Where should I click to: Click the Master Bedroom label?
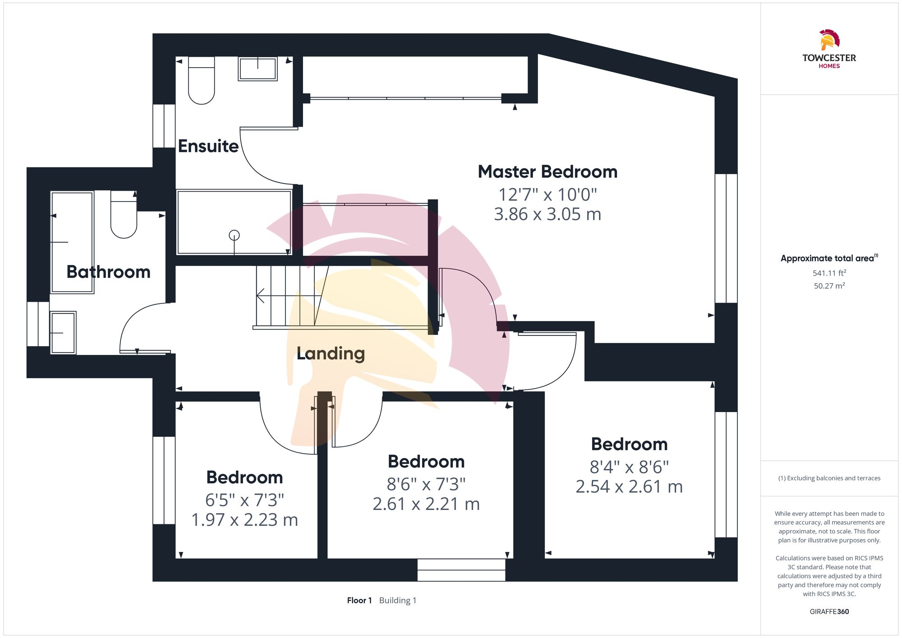[548, 172]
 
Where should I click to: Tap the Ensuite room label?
[208, 146]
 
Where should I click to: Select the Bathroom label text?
[108, 272]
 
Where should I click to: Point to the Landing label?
[331, 353]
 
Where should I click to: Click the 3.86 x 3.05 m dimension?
[548, 214]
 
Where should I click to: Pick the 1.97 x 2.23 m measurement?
[244, 520]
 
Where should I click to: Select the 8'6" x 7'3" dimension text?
[426, 484]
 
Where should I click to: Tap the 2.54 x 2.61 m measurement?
[629, 487]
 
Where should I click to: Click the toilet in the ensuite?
[201, 80]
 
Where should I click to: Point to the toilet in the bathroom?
[124, 214]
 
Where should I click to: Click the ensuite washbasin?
[258, 69]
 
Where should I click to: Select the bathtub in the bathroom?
[72, 242]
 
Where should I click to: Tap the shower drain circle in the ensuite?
[234, 235]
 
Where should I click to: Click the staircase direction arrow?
[289, 296]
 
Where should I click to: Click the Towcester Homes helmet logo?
[829, 40]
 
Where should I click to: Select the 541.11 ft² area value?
[829, 273]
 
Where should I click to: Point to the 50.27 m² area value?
[829, 285]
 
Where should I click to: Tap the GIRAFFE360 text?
[829, 612]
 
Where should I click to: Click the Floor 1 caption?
[359, 601]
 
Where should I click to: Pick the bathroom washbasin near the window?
[63, 333]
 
